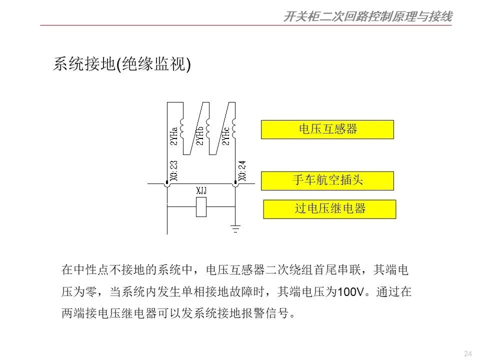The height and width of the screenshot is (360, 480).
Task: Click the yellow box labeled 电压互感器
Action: (x=327, y=129)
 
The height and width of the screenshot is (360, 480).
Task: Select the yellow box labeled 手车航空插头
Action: (x=327, y=180)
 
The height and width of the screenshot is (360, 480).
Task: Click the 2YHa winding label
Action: (x=173, y=135)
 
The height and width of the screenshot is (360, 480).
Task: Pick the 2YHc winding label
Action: (x=225, y=135)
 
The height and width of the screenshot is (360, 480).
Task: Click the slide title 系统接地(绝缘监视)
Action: (x=122, y=65)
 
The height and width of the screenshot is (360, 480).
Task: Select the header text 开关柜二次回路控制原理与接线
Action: (x=367, y=17)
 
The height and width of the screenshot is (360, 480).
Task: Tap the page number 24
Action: (x=468, y=354)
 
